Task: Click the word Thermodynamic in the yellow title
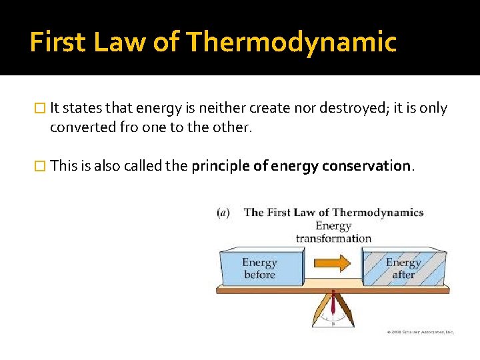pyautogui.click(x=291, y=43)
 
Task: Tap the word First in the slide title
pyautogui.click(x=57, y=43)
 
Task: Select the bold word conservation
pyautogui.click(x=367, y=166)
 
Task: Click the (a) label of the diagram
pyautogui.click(x=224, y=213)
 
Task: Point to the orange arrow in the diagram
pyautogui.click(x=334, y=263)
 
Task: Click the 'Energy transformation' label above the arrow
pyautogui.click(x=333, y=232)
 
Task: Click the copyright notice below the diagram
pyautogui.click(x=420, y=331)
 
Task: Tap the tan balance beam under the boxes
pyautogui.click(x=333, y=289)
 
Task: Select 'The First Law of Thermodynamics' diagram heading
pyautogui.click(x=333, y=213)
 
